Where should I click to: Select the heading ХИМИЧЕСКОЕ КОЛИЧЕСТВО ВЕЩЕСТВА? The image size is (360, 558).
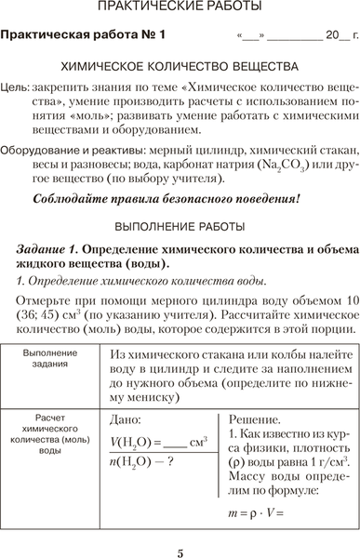(180, 68)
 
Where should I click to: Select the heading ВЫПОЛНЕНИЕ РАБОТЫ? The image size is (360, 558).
(180, 226)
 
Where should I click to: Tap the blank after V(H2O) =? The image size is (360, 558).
(174, 442)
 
